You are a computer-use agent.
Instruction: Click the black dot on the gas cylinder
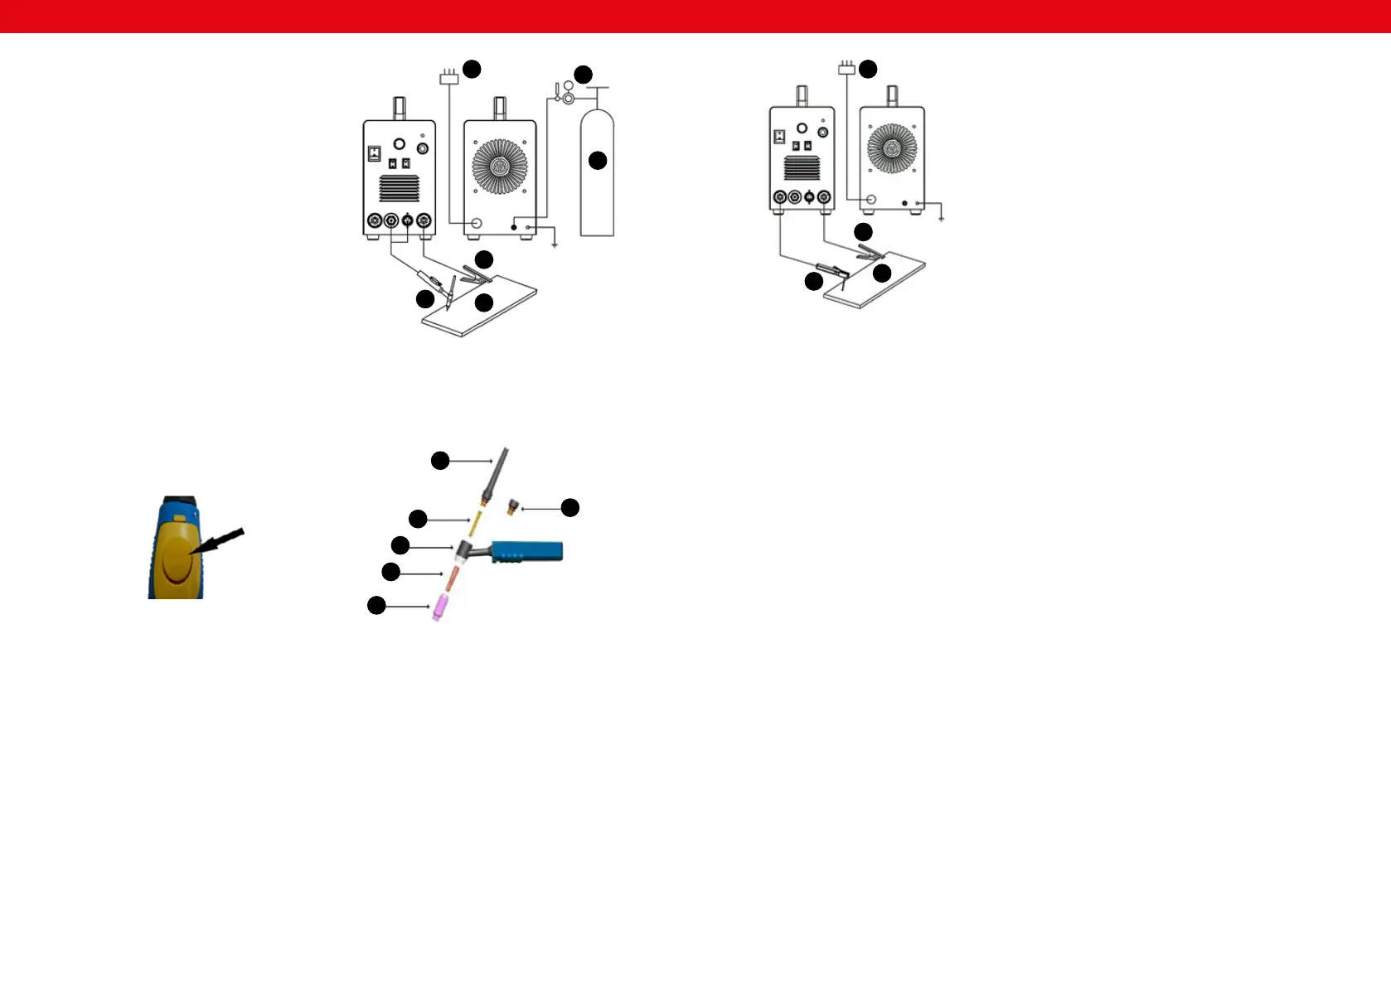(x=598, y=161)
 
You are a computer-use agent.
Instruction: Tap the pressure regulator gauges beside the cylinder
(x=567, y=93)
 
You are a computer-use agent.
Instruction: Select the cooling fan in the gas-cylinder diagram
(x=499, y=167)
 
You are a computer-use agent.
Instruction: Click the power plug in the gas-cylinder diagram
(x=448, y=78)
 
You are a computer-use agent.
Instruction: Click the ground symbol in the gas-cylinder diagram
(x=555, y=245)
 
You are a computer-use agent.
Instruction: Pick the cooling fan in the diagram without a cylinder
(x=891, y=148)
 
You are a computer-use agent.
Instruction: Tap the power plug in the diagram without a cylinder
(x=846, y=68)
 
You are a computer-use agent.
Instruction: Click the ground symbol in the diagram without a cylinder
(x=942, y=219)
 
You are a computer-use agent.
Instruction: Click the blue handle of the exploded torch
(x=527, y=551)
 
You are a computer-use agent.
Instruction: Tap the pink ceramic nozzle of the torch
(x=441, y=607)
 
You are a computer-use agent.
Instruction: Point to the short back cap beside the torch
(x=513, y=507)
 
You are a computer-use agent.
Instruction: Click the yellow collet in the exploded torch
(x=476, y=523)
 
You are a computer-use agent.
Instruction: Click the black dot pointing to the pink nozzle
(x=376, y=606)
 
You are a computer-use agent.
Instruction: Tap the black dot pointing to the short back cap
(x=570, y=508)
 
